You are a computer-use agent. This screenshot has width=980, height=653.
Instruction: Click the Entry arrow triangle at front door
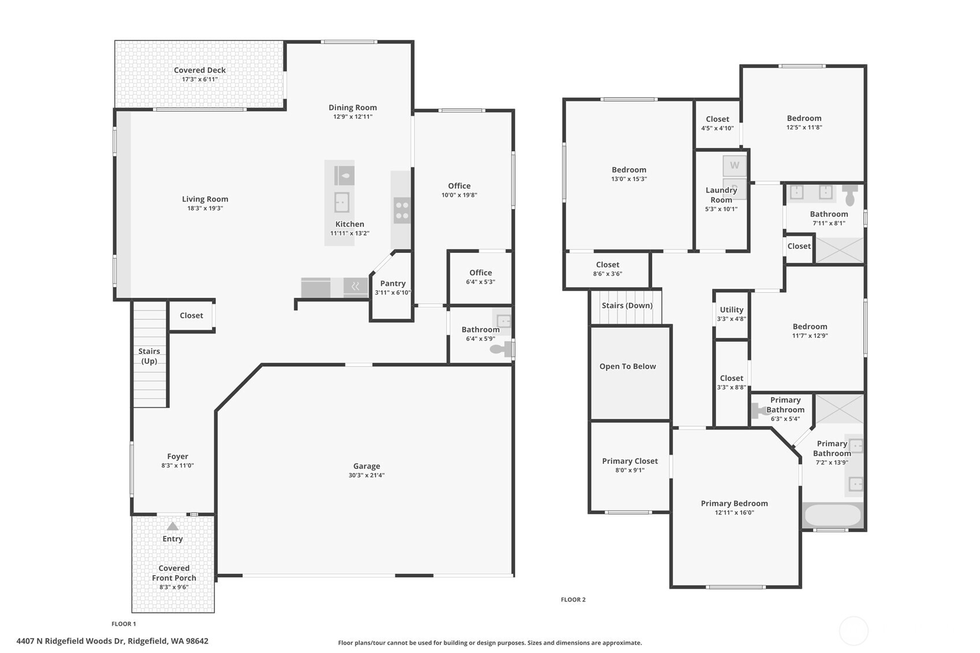[x=173, y=526]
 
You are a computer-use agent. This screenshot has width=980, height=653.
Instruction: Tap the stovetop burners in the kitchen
[x=402, y=210]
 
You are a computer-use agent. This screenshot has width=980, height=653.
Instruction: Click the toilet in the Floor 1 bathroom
[x=500, y=349]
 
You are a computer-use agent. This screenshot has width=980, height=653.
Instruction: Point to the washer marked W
[x=735, y=166]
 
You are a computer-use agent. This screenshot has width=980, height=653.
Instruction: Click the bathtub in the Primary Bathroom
[x=832, y=516]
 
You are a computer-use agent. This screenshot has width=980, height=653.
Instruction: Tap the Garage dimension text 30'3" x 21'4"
[x=366, y=475]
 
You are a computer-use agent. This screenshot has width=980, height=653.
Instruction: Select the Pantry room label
[x=393, y=283]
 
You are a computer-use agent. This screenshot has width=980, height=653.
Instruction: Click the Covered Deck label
[x=200, y=70]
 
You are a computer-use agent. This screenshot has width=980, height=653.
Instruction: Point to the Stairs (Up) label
[x=149, y=356]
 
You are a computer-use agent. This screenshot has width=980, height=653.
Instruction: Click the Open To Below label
[x=627, y=366]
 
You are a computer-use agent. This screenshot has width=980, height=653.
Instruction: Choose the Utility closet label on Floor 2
[x=731, y=310]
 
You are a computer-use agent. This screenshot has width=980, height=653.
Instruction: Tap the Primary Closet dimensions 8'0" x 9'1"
[x=629, y=470]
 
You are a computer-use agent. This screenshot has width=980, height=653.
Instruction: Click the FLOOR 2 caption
[x=573, y=599]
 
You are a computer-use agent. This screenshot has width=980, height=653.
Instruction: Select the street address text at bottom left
[x=113, y=641]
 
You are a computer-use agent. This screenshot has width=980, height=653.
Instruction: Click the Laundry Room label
[x=721, y=195]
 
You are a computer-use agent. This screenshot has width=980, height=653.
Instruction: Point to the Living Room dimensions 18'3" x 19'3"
[x=205, y=208]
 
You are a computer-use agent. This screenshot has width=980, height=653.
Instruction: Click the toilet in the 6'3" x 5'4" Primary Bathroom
[x=758, y=411]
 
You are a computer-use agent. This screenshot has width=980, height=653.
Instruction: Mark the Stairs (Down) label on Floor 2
[x=627, y=305]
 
